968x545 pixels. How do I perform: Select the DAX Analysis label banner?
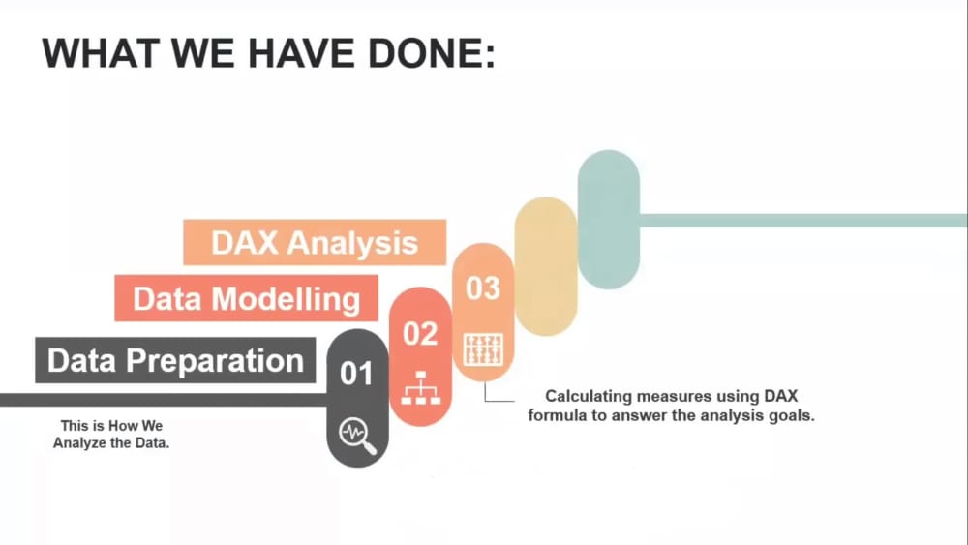315,242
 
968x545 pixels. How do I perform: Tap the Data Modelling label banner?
246,298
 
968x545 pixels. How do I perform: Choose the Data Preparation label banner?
175,361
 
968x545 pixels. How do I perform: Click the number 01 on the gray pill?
356,373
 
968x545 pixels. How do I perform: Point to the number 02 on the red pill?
420,334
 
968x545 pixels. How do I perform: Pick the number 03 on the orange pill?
483,288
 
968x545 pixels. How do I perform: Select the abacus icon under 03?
483,349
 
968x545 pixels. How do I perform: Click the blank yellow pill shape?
546,266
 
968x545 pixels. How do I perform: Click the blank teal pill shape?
608,220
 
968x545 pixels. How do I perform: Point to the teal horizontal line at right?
803,220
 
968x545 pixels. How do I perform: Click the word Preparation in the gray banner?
217,361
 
